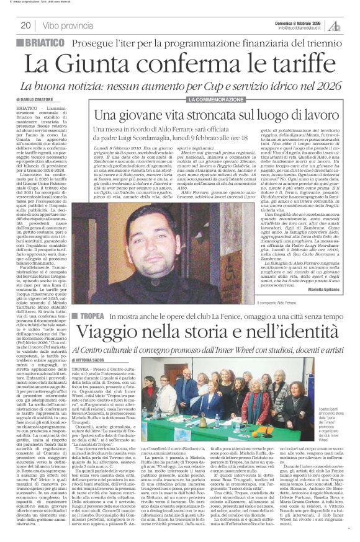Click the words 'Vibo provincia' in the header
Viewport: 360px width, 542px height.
pos(68,25)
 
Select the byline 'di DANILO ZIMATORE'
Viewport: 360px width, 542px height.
pos(32,99)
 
